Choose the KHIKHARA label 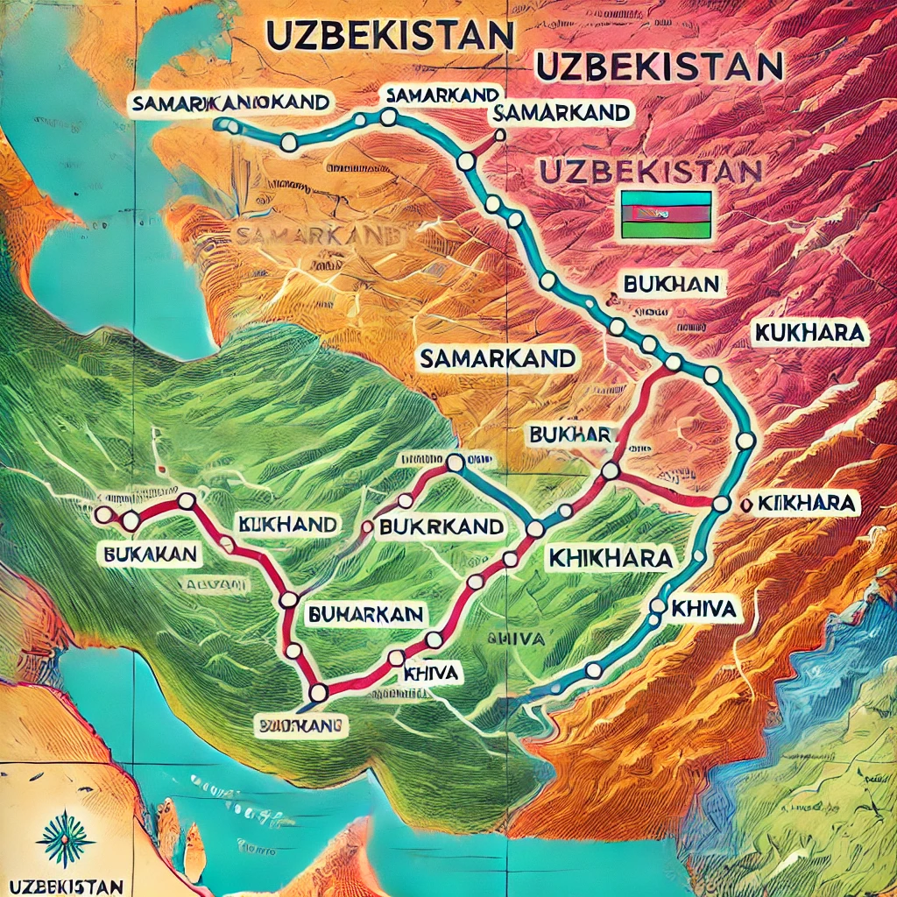tap(609, 557)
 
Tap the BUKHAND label tap(287, 525)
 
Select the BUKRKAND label tap(441, 526)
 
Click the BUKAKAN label tap(148, 554)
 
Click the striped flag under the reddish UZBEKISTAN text tap(666, 214)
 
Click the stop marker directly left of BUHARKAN tap(289, 600)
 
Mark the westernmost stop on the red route tap(104, 515)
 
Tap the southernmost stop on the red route tap(318, 692)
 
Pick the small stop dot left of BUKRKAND tap(368, 526)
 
